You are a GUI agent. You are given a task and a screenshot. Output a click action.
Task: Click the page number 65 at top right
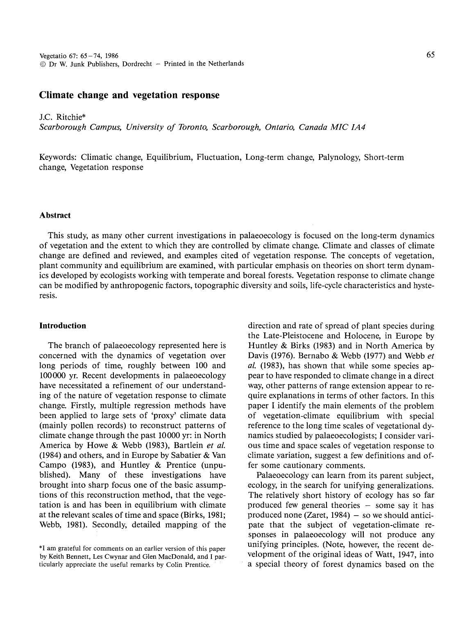[430, 55]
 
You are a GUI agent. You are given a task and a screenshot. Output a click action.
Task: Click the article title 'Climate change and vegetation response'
[129, 96]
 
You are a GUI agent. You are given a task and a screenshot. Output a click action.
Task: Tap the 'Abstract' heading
[55, 215]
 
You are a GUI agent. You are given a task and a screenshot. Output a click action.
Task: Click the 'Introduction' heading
[63, 326]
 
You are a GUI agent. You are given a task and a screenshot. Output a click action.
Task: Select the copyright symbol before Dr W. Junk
[42, 64]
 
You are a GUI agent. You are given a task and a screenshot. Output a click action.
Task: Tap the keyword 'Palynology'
[339, 157]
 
